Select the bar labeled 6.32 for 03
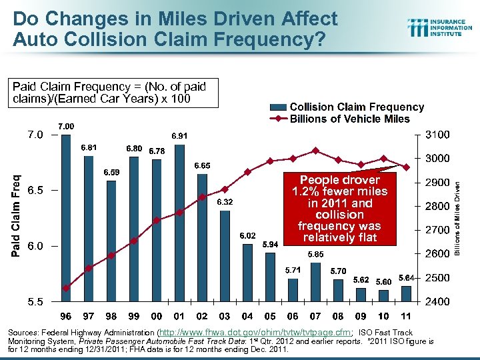click(225, 257)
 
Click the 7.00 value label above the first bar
click(65, 126)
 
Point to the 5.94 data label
click(270, 244)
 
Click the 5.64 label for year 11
click(407, 277)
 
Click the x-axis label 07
click(315, 315)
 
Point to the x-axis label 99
click(134, 315)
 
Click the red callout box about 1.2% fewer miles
click(340, 209)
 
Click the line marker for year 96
click(66, 288)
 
